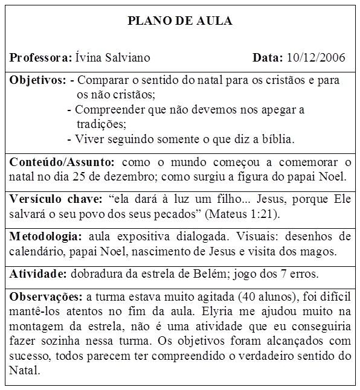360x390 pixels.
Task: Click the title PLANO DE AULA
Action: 180,21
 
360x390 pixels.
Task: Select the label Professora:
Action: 40,58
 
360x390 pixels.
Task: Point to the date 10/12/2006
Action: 316,58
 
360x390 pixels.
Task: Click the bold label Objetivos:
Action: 37,80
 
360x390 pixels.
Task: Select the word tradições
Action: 101,124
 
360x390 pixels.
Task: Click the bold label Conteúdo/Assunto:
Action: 62,162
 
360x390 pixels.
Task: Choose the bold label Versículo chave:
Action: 57,199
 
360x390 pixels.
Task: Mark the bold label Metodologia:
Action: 46,236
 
